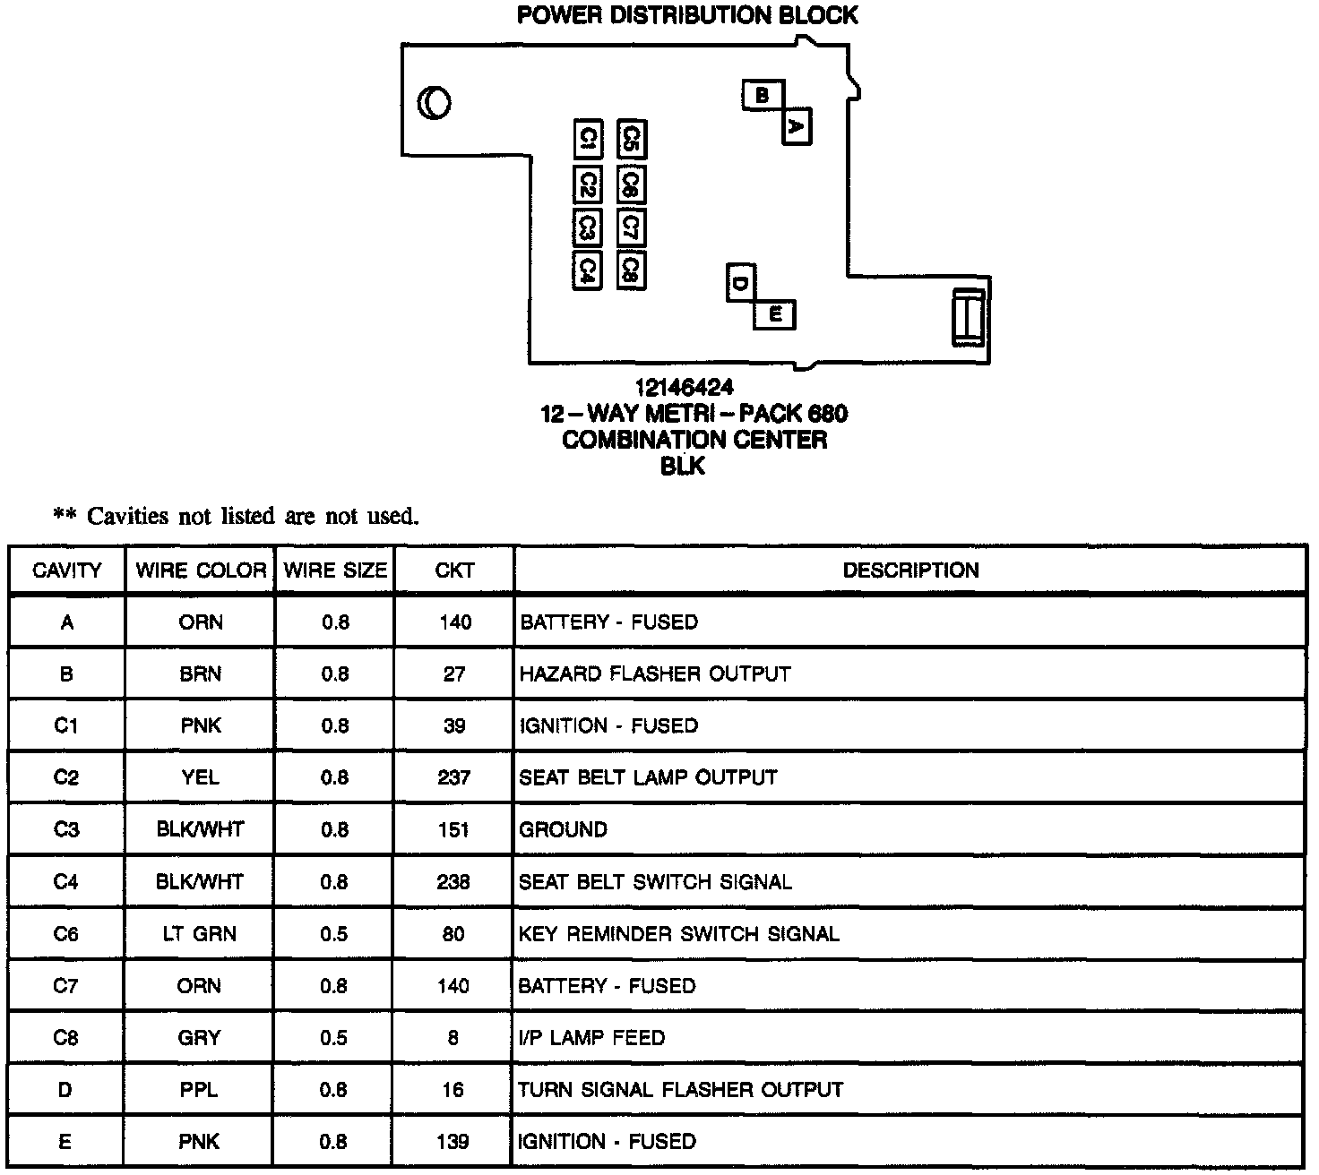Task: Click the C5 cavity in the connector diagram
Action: tap(632, 140)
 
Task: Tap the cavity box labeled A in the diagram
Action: tap(797, 126)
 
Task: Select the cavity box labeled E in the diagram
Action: tap(775, 314)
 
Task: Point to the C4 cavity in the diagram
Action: tap(587, 270)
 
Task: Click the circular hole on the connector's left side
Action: tap(435, 104)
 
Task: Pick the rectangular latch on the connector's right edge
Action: tap(968, 317)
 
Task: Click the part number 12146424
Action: tap(685, 387)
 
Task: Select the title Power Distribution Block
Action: tap(687, 15)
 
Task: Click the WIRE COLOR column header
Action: tap(201, 570)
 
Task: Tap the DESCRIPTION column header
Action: tap(910, 570)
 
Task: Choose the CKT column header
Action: tap(454, 570)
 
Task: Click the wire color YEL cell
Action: tap(201, 777)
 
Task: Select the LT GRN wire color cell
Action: tap(200, 934)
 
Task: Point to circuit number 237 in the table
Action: tap(454, 777)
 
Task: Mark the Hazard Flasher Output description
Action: tap(655, 673)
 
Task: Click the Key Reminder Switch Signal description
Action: tap(679, 934)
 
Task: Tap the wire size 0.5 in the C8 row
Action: tap(335, 1038)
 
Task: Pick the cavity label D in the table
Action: tap(66, 1090)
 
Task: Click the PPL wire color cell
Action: tap(200, 1090)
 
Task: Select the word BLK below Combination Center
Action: tap(683, 467)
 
